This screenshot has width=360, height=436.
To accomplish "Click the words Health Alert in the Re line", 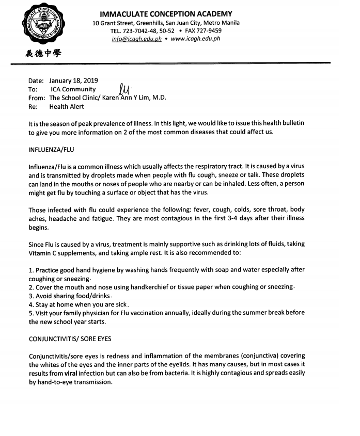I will tap(66, 107).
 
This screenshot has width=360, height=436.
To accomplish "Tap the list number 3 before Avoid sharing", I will tap(31, 296).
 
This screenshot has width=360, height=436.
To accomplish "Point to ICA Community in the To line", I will tap(73, 89).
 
